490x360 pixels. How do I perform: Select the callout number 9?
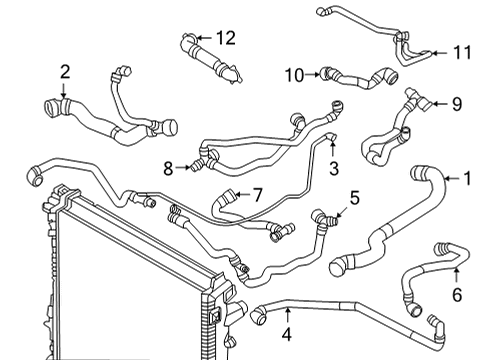click(x=456, y=103)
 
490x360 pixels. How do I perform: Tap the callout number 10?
click(x=293, y=74)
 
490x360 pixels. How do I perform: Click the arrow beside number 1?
click(x=448, y=180)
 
